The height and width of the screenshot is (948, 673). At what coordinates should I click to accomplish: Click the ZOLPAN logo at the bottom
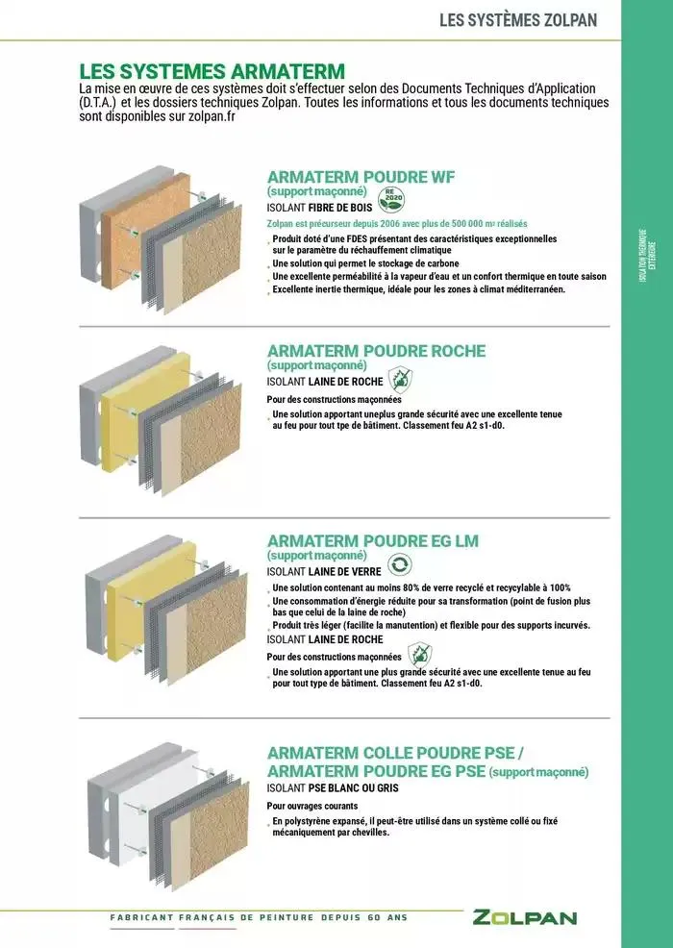524,917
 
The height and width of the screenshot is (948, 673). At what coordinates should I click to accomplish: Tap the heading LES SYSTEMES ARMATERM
212,71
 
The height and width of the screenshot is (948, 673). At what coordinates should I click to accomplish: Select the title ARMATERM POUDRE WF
361,177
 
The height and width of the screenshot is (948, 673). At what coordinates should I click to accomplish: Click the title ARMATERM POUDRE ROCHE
376,351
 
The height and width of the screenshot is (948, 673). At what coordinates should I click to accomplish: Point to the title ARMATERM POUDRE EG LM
372,540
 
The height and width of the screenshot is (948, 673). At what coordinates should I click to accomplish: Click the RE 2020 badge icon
391,198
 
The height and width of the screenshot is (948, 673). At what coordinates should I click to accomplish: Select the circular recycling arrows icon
398,565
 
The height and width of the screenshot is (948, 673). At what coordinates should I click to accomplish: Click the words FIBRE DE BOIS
340,207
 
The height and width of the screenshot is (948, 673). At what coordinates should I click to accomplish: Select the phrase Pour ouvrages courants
312,806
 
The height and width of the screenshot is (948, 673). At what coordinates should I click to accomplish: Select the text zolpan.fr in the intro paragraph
210,116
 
